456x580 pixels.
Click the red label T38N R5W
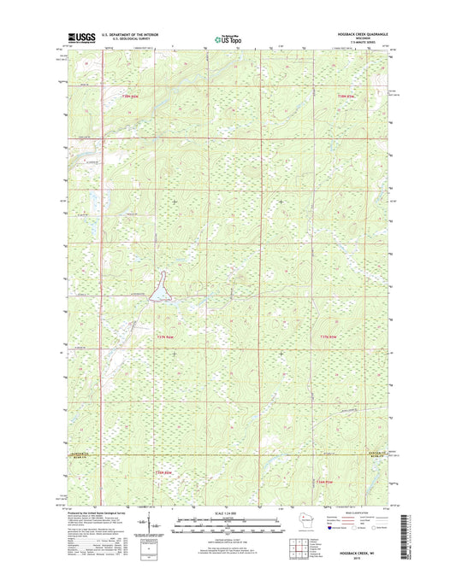(346, 96)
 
